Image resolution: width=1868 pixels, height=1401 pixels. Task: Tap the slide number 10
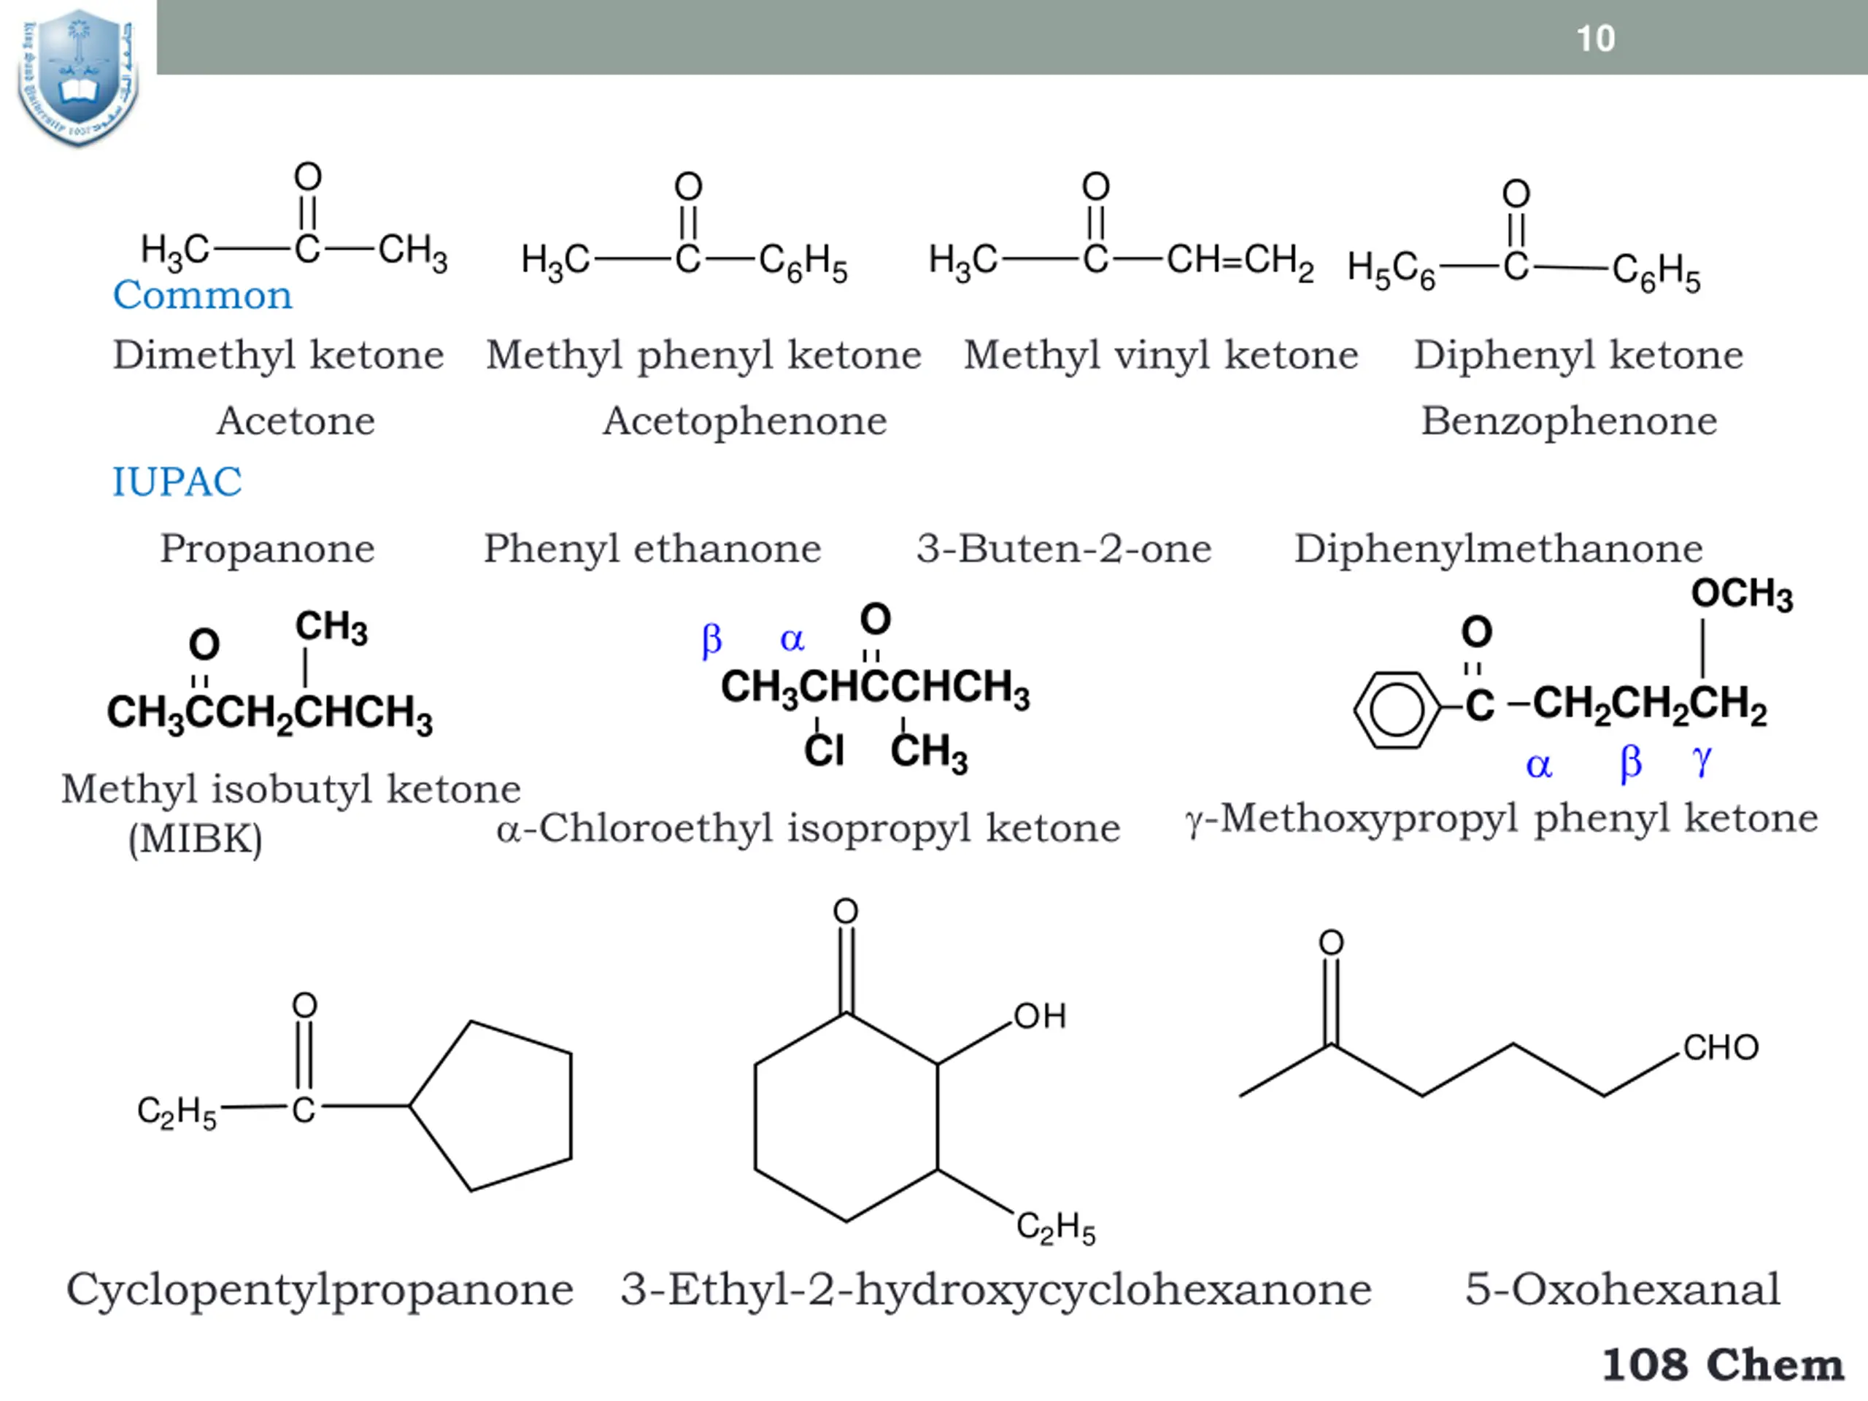1595,39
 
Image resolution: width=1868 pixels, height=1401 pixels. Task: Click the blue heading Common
203,296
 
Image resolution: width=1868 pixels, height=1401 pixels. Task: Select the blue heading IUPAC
177,482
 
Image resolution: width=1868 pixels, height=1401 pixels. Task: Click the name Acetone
296,420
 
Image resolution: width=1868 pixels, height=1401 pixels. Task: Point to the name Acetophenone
745,420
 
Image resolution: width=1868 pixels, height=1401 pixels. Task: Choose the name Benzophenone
1569,420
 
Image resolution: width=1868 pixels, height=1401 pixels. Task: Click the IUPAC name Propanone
268,549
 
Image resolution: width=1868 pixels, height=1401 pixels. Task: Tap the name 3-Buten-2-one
1064,549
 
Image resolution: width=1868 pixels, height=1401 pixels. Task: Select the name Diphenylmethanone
1498,549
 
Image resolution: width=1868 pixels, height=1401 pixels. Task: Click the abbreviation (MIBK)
195,839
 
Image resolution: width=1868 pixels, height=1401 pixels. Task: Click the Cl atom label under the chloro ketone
823,750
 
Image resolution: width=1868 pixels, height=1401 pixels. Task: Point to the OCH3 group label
1741,594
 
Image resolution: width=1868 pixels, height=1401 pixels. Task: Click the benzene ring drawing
1396,709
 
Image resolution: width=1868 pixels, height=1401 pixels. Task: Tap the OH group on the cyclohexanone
1040,1016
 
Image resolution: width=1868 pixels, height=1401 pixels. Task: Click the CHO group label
1720,1048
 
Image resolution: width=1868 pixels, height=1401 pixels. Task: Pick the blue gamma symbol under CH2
1702,760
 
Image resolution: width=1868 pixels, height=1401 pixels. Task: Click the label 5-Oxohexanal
1622,1289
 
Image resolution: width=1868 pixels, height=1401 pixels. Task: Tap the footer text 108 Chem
1723,1365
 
